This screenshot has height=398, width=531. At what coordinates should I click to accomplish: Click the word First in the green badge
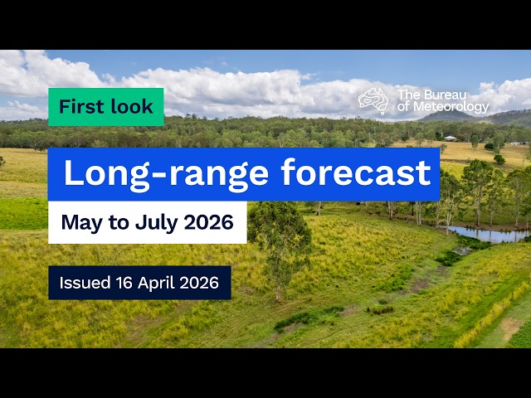80,107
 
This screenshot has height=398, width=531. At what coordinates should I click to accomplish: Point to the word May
79,223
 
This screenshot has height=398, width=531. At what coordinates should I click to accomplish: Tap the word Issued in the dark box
84,283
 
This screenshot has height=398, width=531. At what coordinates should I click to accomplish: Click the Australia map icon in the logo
373,99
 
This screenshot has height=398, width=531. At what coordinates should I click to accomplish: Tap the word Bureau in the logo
451,94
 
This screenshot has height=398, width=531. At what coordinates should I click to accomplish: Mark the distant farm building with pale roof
450,138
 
